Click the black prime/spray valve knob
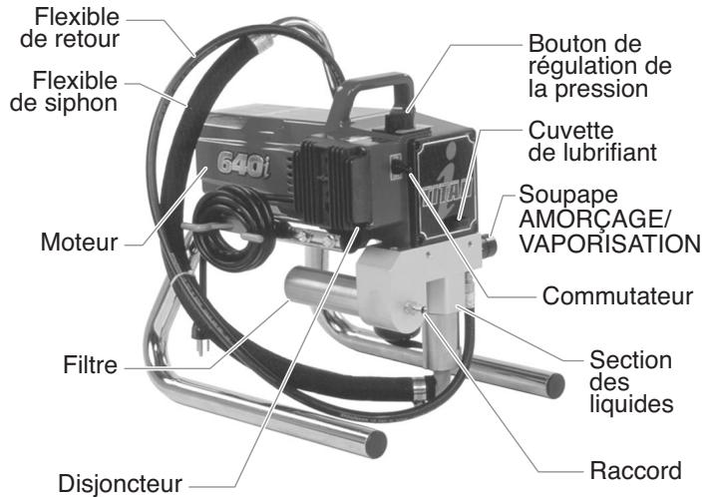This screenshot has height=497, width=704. (490, 241)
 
